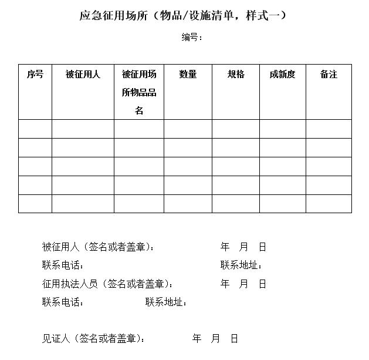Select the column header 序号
pos(35,75)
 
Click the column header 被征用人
pos(83,75)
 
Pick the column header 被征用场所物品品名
pos(139,92)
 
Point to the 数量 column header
pos(188,75)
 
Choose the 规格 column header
pos(236,75)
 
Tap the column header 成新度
pos(282,75)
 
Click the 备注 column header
pos(329,75)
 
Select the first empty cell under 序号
pos(35,129)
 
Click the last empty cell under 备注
pos(329,203)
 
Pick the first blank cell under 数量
pos(188,129)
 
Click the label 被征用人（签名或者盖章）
pos(99,247)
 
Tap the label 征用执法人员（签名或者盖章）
pos(108,284)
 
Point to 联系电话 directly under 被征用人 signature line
pos(63,265)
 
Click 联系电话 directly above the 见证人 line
pos(63,302)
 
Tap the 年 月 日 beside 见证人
pos(215,338)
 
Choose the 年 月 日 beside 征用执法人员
pos(243,284)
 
